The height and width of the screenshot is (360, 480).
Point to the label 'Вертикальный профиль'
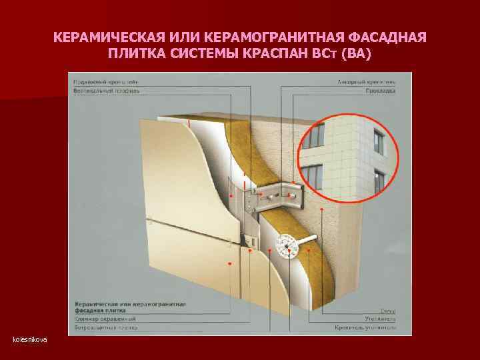tap(103, 89)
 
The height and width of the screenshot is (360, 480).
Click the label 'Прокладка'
tap(381, 90)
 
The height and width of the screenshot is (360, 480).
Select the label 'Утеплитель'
tap(381, 320)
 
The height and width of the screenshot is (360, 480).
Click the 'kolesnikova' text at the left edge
tap(30, 340)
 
